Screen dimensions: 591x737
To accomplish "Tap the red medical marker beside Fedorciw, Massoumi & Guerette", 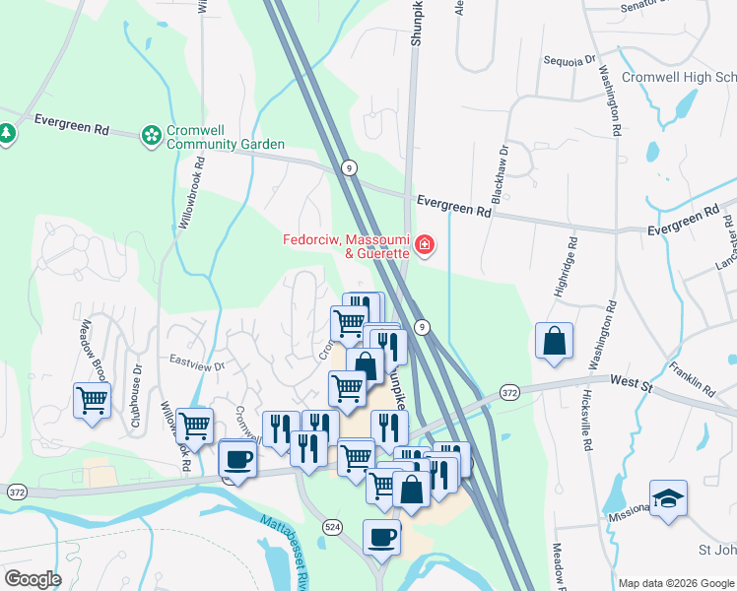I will click(425, 243).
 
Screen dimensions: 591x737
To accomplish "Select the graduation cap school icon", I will click(668, 498).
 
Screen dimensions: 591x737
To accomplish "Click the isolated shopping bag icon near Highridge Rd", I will click(555, 341).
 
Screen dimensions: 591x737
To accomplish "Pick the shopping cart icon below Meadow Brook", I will click(92, 400).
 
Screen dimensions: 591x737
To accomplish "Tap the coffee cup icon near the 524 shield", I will click(382, 537).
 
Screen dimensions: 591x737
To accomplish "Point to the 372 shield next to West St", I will click(508, 392).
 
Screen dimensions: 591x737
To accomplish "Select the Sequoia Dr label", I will click(570, 59).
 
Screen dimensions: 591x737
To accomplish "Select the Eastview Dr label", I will click(197, 363).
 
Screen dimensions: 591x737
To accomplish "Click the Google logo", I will click(33, 578).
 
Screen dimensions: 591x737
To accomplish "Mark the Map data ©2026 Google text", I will click(675, 583).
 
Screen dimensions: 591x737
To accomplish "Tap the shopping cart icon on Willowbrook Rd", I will click(194, 426).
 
